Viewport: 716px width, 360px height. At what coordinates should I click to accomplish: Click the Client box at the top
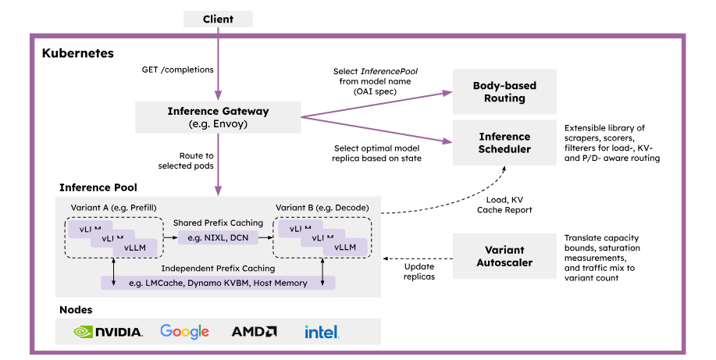218,19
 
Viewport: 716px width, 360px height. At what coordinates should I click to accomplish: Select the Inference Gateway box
218,116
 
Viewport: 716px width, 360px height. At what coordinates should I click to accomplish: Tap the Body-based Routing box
504,92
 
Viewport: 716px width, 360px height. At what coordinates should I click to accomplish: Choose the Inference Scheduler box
504,143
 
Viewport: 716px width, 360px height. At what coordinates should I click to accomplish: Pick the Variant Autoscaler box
504,256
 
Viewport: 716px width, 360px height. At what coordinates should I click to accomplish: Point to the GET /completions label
177,70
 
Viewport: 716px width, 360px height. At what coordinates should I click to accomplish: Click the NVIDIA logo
109,332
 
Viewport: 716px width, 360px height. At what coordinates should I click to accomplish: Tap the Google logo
184,332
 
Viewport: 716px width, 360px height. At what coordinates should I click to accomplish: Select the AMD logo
254,332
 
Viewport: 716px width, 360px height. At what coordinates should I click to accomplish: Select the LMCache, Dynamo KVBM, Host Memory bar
218,283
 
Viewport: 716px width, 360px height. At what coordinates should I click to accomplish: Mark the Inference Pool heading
98,188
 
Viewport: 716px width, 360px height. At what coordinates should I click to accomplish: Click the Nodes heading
76,309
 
